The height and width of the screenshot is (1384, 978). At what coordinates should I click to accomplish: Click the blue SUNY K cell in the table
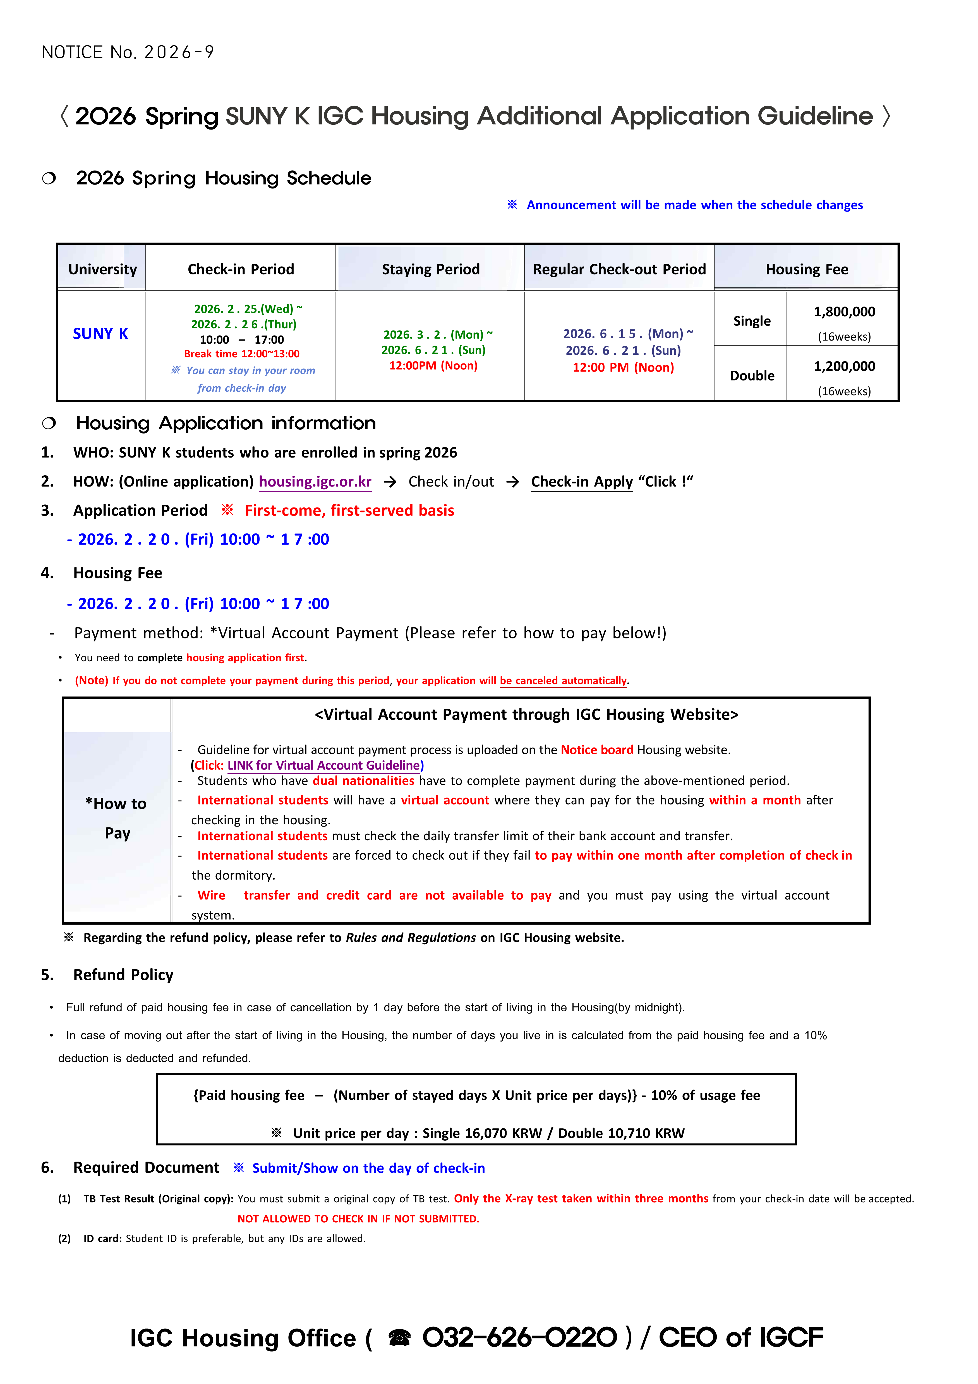coord(101,333)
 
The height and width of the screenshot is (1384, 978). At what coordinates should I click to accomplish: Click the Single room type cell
coord(751,321)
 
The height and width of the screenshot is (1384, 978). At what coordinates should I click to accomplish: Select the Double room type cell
coord(751,375)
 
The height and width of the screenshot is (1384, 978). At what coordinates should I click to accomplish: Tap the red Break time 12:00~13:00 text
coord(242,354)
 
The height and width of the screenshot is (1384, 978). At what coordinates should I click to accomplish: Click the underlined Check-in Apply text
coord(581,482)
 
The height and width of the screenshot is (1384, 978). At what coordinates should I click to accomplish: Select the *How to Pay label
coord(116,818)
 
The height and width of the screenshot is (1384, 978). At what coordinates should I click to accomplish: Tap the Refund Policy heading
coord(123,975)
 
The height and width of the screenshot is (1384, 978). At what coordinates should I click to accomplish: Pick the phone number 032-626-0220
coord(519,1338)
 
